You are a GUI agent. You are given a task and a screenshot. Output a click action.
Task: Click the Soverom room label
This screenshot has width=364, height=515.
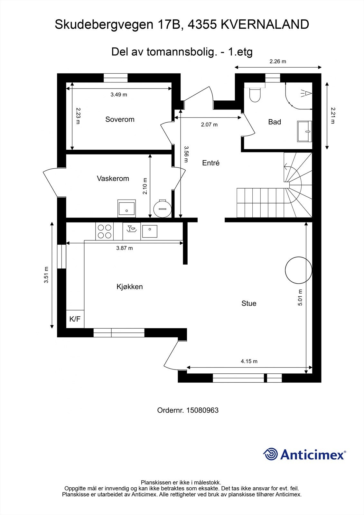pyautogui.click(x=120, y=119)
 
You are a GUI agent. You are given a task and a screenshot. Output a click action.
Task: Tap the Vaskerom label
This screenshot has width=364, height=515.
pyautogui.click(x=113, y=178)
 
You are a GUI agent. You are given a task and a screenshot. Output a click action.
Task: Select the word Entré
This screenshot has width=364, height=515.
pyautogui.click(x=211, y=163)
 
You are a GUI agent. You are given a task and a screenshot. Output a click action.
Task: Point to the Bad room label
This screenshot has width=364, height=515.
pyautogui.click(x=275, y=122)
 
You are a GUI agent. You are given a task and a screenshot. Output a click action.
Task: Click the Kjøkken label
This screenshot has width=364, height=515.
pyautogui.click(x=130, y=286)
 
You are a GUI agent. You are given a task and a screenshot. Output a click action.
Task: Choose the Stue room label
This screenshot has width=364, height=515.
pyautogui.click(x=249, y=303)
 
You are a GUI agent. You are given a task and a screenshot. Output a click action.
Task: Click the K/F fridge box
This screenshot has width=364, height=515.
pyautogui.click(x=75, y=319)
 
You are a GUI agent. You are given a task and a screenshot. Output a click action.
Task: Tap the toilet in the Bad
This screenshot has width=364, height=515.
pyautogui.click(x=255, y=95)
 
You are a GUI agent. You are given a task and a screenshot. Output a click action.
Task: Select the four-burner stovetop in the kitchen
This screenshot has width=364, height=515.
pyautogui.click(x=105, y=231)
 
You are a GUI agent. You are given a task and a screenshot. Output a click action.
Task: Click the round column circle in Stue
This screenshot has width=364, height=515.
pyautogui.click(x=298, y=270)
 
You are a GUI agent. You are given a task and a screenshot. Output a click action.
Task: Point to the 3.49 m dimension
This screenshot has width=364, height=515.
pyautogui.click(x=119, y=95)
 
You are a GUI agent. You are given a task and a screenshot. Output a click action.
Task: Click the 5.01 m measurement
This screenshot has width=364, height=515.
pyautogui.click(x=300, y=297)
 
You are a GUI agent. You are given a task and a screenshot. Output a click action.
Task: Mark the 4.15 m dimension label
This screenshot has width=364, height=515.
pyautogui.click(x=249, y=361)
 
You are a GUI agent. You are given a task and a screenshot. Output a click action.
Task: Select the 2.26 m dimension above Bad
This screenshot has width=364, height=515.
pyautogui.click(x=278, y=61)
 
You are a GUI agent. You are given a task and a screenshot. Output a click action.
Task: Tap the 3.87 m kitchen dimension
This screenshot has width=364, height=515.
pyautogui.click(x=125, y=248)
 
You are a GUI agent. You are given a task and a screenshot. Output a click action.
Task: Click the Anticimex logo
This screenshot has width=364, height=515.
pyautogui.click(x=304, y=454)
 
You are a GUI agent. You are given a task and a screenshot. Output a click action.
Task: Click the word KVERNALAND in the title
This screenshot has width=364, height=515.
pyautogui.click(x=265, y=24)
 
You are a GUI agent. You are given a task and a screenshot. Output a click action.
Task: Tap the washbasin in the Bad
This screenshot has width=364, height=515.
pyautogui.click(x=305, y=131)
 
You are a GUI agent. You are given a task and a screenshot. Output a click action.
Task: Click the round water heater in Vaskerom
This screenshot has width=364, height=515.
pyautogui.click(x=163, y=208)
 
